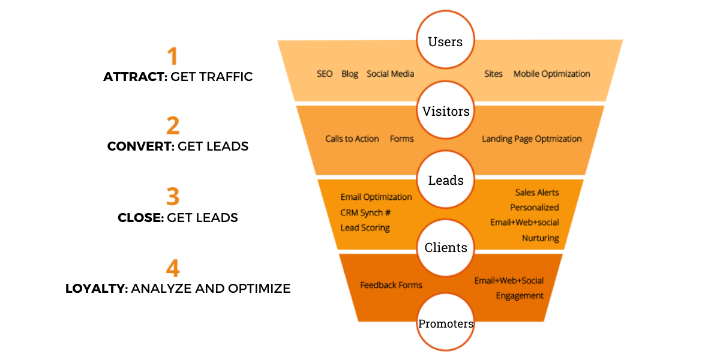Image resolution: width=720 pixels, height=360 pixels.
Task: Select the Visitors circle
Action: tap(445, 112)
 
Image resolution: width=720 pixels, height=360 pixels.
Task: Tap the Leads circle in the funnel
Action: tap(445, 180)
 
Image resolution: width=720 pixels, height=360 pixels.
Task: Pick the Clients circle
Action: tap(445, 248)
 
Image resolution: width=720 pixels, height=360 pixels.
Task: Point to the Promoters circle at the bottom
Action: tap(445, 324)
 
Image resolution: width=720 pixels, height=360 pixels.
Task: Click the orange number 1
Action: tap(173, 56)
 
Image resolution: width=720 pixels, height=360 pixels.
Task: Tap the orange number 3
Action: tap(173, 197)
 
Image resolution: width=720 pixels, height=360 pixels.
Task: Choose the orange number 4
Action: tap(173, 268)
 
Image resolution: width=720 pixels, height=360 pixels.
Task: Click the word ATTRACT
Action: tap(134, 77)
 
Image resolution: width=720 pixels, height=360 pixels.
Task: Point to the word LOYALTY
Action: tap(96, 289)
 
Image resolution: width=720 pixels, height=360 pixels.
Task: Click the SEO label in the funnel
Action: tap(325, 74)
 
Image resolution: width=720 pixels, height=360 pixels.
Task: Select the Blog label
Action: tap(350, 74)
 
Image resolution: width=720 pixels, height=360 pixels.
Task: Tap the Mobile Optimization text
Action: tap(551, 74)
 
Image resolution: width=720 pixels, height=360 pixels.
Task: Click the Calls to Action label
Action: tap(352, 139)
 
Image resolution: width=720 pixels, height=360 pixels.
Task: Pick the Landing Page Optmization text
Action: tap(532, 139)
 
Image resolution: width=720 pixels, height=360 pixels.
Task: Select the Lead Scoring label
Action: tap(365, 227)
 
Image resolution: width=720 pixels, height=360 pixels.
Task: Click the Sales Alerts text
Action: tap(536, 193)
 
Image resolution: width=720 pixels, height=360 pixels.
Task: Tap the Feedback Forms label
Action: tap(391, 285)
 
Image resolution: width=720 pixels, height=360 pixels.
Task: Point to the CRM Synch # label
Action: tap(366, 212)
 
